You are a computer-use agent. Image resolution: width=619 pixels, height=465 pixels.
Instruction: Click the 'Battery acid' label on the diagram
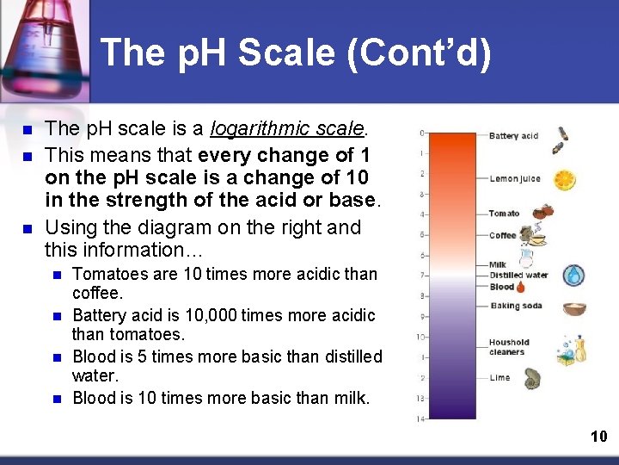pos(513,136)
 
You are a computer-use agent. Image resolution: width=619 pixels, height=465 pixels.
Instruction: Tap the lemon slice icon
pos(565,180)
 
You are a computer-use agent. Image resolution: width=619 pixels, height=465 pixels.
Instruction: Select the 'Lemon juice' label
pos(515,179)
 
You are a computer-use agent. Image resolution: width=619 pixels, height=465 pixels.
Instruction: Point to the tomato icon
pos(541,212)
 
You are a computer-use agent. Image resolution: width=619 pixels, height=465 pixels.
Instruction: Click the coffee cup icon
pos(537,234)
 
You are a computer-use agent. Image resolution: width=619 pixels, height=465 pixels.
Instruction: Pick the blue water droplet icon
pos(573,275)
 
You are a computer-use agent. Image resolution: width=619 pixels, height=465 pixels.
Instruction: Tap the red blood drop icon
pos(522,287)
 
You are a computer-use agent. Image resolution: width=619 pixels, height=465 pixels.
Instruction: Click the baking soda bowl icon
pos(574,308)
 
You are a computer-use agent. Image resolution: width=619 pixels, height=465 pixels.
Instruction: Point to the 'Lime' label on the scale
pos(499,377)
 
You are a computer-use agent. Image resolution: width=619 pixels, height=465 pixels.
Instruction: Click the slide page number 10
pos(598,437)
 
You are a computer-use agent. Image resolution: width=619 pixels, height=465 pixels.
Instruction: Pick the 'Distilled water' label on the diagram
pos(518,276)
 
